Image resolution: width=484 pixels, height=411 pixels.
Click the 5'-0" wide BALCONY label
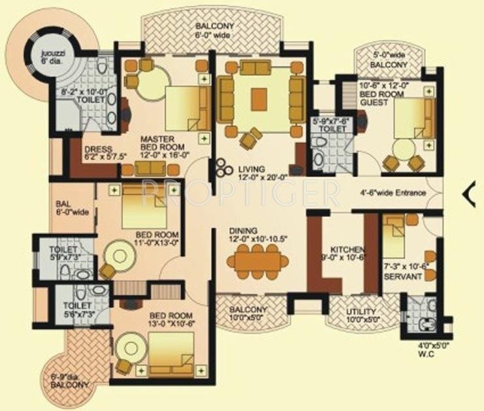pos(389,60)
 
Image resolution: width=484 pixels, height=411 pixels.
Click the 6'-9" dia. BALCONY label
pos(69,381)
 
